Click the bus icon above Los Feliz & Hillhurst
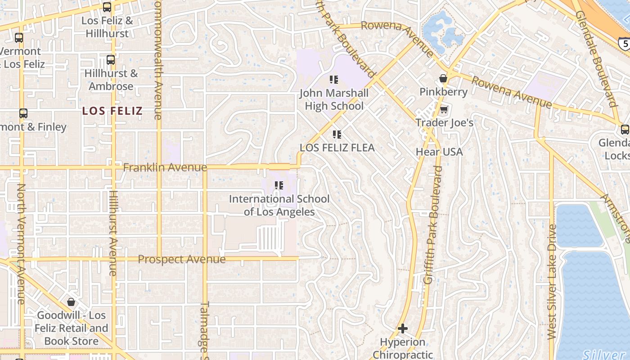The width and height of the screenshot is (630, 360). tap(107, 7)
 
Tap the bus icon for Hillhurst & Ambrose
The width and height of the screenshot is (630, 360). tap(110, 59)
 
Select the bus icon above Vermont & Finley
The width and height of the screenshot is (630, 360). tap(23, 113)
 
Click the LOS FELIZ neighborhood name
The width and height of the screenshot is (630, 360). tap(112, 111)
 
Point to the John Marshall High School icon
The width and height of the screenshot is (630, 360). tap(333, 80)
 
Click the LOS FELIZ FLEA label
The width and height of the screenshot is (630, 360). tap(337, 148)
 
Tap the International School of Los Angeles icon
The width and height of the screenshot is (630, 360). tap(279, 185)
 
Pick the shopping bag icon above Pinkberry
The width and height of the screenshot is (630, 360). tap(443, 78)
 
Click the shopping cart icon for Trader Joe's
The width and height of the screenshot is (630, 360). tap(444, 109)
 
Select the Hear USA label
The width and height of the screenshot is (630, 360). tap(439, 152)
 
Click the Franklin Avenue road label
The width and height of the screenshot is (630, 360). tap(165, 168)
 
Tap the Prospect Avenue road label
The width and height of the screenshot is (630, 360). tap(181, 259)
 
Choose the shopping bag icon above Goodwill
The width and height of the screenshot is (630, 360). tap(71, 302)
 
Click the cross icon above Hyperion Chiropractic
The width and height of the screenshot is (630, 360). tap(403, 328)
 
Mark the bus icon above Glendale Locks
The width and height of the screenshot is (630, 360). tap(625, 130)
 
